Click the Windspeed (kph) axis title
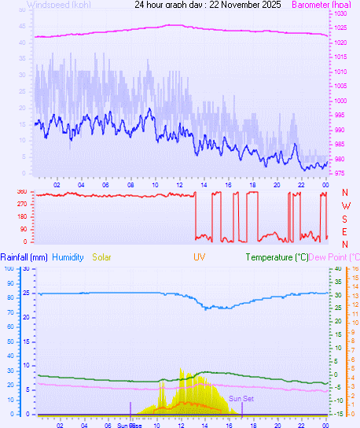57,5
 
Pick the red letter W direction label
345,205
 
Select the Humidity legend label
68,257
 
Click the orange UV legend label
200,257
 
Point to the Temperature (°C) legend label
277,257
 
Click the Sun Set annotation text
241,399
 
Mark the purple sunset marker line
242,408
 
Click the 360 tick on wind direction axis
21,192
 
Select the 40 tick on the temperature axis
337,269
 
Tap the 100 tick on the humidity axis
8,269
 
